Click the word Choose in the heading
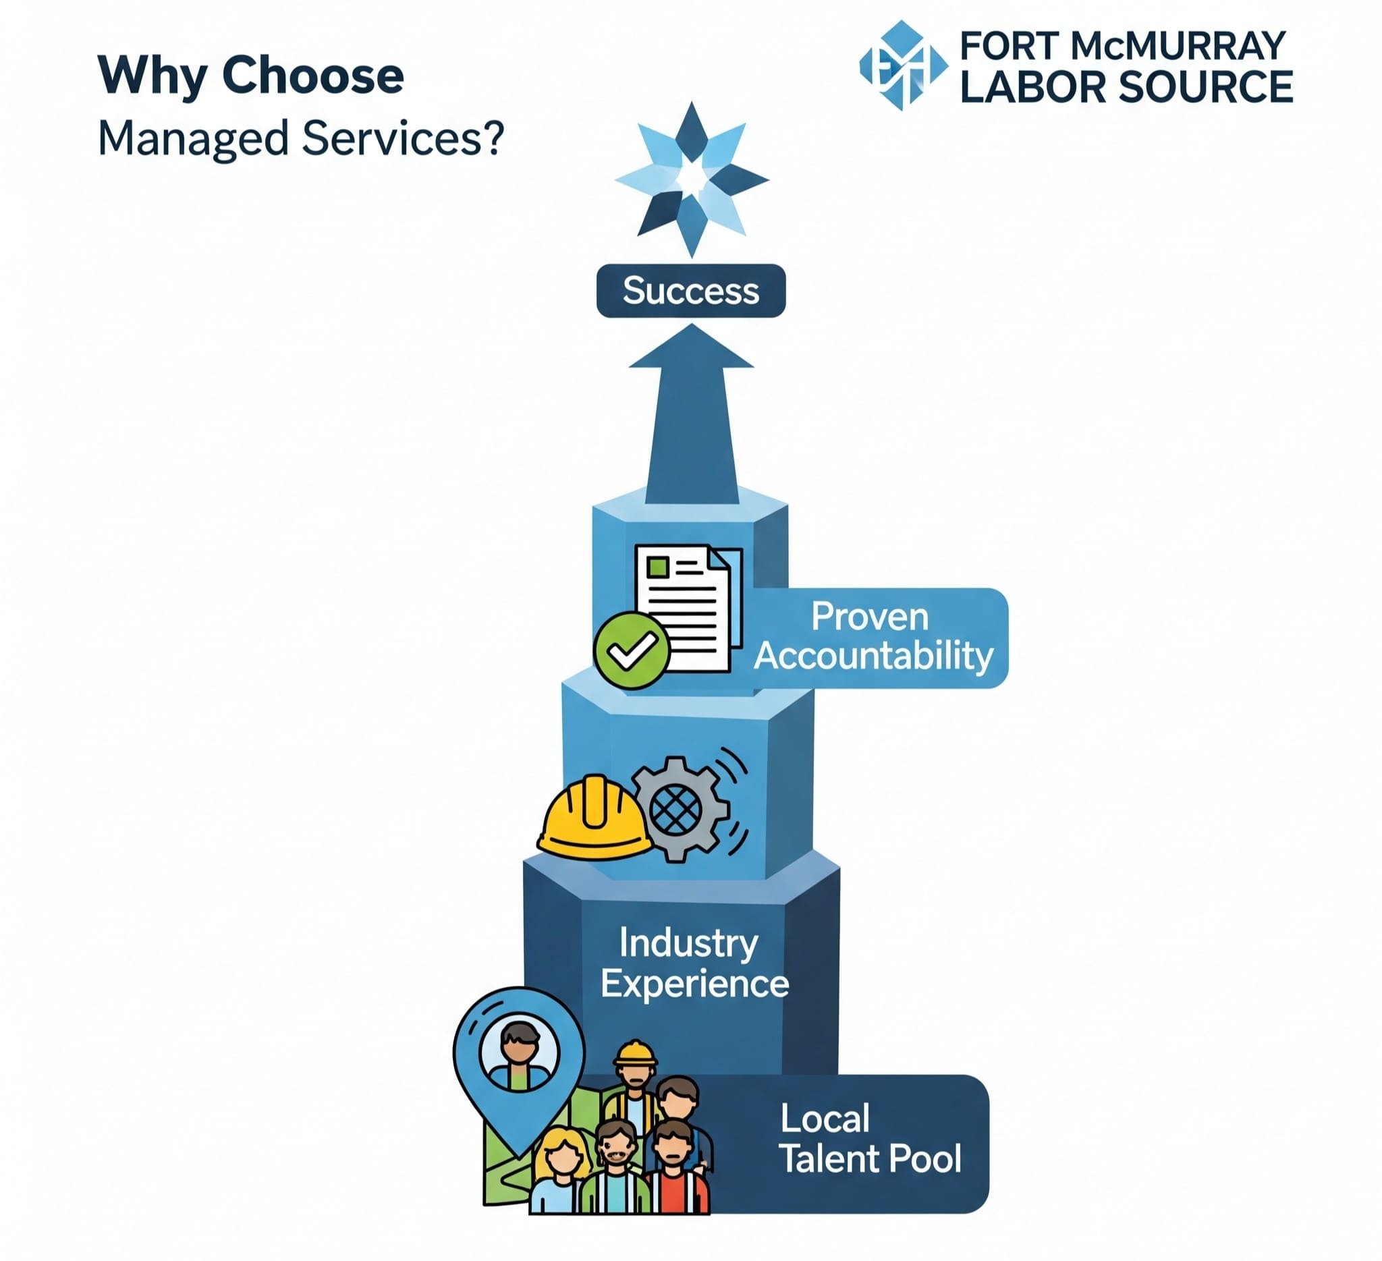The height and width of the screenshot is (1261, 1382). pyautogui.click(x=312, y=76)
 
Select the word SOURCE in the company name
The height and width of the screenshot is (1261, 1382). pyautogui.click(x=1206, y=87)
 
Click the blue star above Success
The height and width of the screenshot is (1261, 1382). pyautogui.click(x=691, y=179)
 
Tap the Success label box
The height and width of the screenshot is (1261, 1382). pyautogui.click(x=691, y=291)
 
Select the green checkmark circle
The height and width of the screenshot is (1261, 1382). pyautogui.click(x=632, y=650)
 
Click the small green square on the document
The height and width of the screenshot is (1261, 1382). pyautogui.click(x=658, y=567)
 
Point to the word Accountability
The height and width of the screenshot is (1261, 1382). pyautogui.click(x=873, y=656)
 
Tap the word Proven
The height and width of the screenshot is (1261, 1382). pyautogui.click(x=870, y=616)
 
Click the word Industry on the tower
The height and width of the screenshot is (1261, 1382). pyautogui.click(x=688, y=944)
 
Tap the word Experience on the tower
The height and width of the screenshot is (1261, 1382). pyautogui.click(x=694, y=984)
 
